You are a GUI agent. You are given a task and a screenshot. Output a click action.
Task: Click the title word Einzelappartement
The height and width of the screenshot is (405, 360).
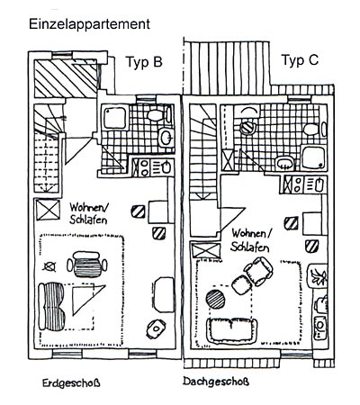click(x=89, y=24)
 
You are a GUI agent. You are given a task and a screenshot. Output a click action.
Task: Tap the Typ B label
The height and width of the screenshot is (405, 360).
click(x=144, y=62)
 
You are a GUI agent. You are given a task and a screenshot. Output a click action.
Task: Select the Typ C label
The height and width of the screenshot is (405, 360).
click(x=300, y=60)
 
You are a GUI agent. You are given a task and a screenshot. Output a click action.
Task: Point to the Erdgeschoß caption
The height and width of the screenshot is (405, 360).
click(x=71, y=383)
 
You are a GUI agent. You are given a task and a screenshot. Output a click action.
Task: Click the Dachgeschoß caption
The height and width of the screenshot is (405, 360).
click(x=216, y=382)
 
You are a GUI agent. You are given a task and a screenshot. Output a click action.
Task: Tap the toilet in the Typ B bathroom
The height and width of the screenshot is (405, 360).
click(x=159, y=114)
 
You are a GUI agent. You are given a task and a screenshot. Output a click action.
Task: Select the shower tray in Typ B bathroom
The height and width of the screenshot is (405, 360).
click(x=114, y=117)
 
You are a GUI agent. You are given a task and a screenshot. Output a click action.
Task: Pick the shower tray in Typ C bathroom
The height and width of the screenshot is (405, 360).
click(x=313, y=157)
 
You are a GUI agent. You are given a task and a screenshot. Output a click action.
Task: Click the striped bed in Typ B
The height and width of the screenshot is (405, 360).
click(x=51, y=306)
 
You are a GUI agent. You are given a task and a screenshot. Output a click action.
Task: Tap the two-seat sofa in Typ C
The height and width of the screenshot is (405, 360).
click(x=232, y=330)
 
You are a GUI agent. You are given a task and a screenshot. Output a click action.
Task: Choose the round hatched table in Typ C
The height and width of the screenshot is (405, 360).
click(x=215, y=300)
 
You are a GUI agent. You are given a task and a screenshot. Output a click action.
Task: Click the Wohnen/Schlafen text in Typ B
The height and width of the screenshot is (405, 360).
click(x=88, y=213)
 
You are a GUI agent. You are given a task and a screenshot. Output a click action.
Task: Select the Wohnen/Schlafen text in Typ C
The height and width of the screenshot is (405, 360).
click(x=251, y=240)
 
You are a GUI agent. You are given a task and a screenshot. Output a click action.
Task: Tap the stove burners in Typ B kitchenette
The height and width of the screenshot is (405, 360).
click(x=144, y=167)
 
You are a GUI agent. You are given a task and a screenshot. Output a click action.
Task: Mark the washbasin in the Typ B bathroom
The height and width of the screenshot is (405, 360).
click(x=166, y=138)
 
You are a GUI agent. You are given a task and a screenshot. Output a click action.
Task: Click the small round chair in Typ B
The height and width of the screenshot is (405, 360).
click(x=156, y=328)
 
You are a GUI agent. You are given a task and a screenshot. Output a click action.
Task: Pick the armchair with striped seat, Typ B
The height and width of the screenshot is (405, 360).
click(x=86, y=265)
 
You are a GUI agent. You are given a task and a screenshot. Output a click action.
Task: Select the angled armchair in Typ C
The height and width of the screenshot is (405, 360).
click(x=258, y=271)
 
